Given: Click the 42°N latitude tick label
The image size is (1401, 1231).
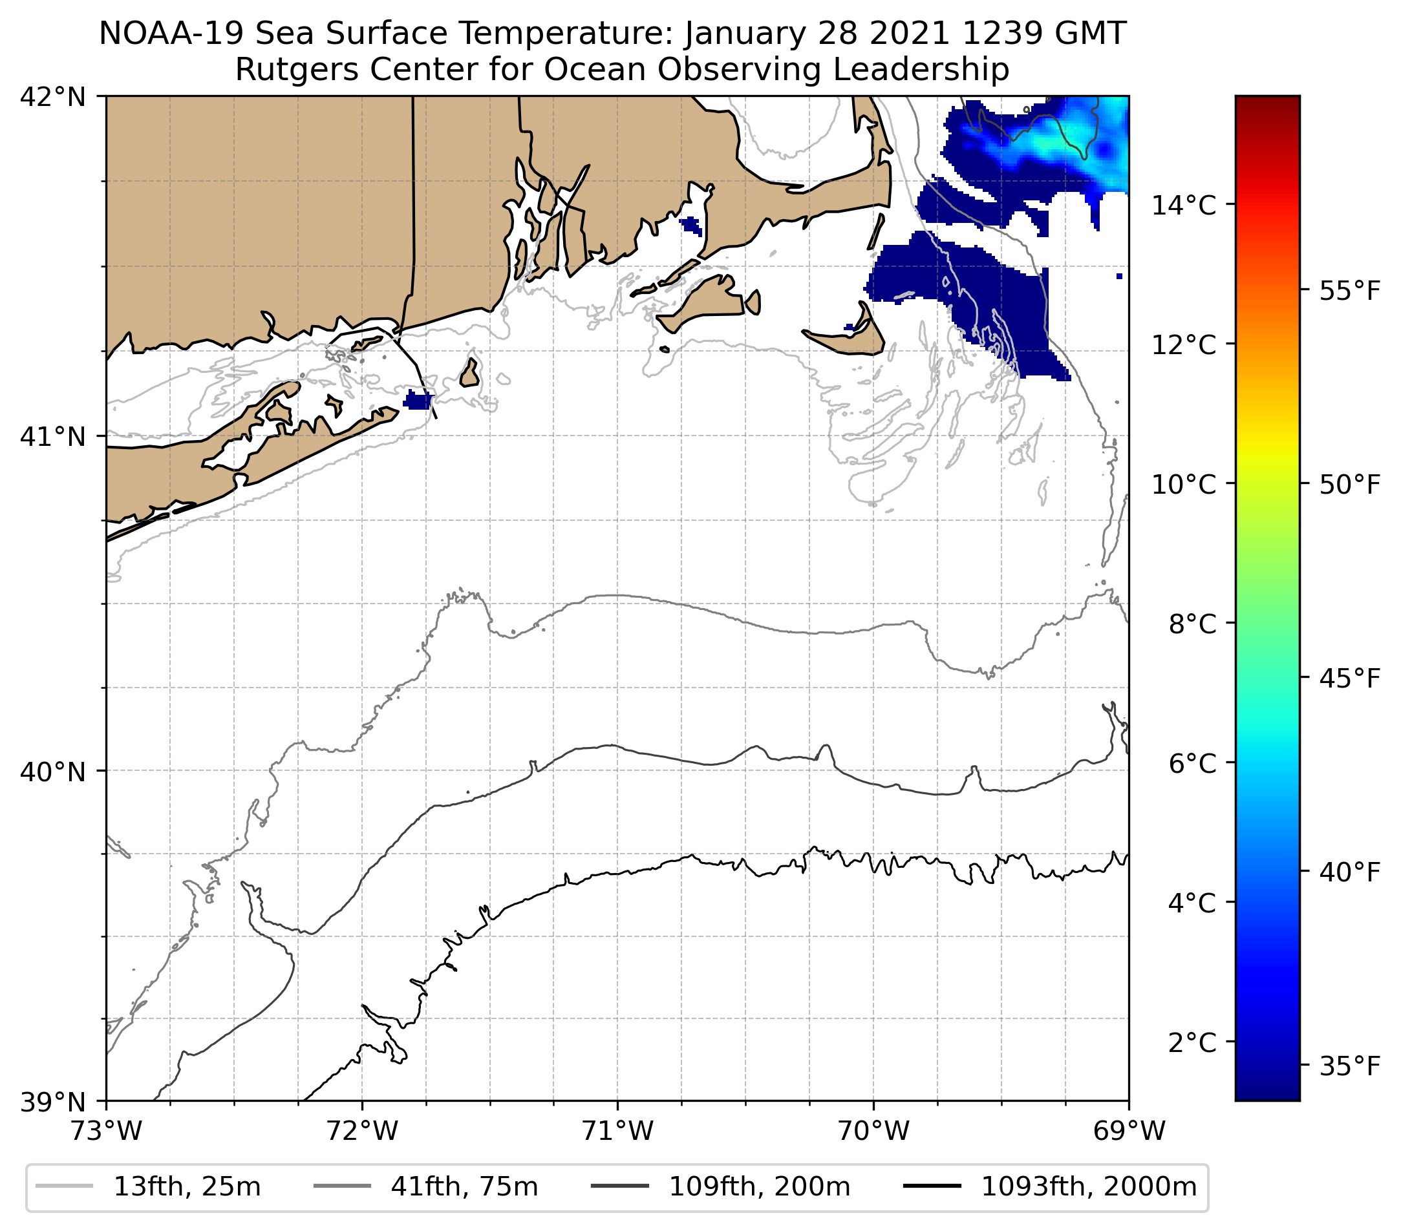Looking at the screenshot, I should [x=53, y=98].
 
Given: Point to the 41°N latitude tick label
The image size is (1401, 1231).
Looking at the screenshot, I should [x=53, y=436].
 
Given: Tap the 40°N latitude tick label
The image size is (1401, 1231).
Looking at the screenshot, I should [x=53, y=772].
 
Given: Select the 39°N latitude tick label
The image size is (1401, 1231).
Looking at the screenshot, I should [x=53, y=1102].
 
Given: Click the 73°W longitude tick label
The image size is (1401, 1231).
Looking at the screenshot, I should [x=106, y=1131].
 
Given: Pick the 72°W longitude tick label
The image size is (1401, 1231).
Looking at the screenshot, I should [x=362, y=1131].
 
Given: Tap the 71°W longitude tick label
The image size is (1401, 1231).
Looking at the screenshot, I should [x=617, y=1131].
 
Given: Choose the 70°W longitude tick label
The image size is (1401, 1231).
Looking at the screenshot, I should [x=874, y=1131].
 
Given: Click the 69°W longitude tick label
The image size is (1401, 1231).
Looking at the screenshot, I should [x=1129, y=1131].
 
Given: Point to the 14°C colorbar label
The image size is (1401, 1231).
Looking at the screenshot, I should [x=1184, y=205].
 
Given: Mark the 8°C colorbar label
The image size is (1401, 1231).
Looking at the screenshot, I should [x=1192, y=624].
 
